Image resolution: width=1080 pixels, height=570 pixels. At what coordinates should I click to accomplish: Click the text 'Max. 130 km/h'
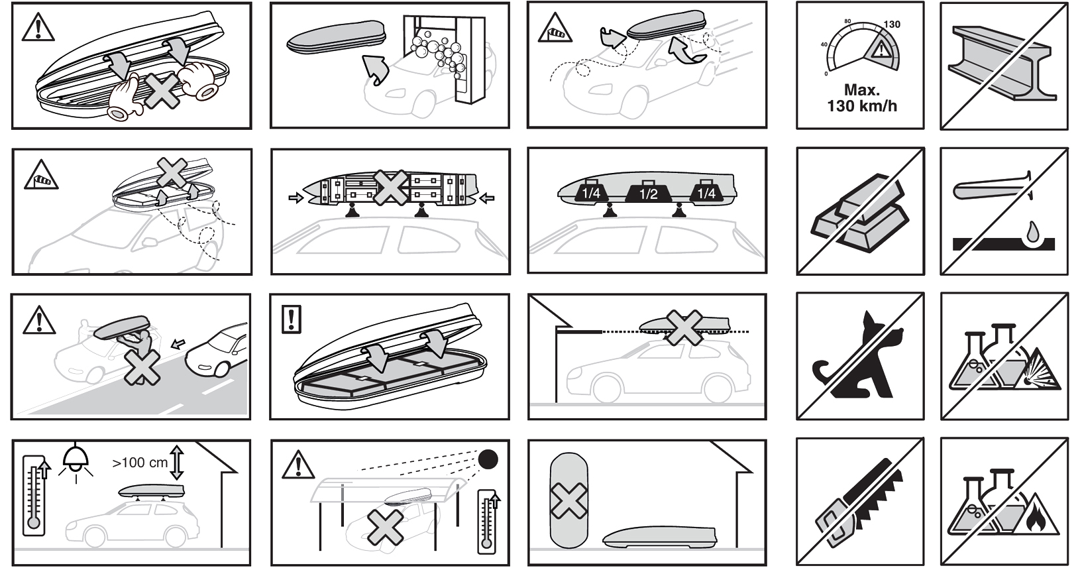(x=862, y=98)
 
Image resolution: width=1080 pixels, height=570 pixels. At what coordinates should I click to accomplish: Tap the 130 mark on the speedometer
(x=892, y=24)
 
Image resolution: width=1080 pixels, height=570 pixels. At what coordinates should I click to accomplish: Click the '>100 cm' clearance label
(x=140, y=463)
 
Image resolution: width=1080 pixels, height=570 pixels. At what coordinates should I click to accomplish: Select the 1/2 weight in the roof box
(x=649, y=192)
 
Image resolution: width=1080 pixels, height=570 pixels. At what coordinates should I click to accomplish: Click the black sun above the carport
(x=488, y=459)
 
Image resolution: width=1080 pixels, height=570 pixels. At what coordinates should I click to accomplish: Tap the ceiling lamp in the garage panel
(x=76, y=462)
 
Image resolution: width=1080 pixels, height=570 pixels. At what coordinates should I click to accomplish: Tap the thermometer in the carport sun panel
(x=488, y=522)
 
